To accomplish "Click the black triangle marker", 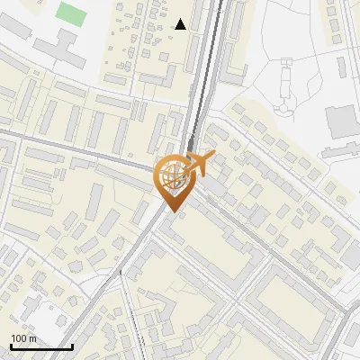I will tap(181, 24).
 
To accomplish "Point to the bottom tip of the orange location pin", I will tap(171, 211).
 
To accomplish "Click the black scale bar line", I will tap(41, 346).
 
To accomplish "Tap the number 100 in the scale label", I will tap(19, 338).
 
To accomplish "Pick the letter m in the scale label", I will tap(32, 338).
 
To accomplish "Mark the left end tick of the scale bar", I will tap(11, 346).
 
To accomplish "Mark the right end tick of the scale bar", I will tap(72, 346).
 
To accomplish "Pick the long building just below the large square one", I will tap(340, 150).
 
